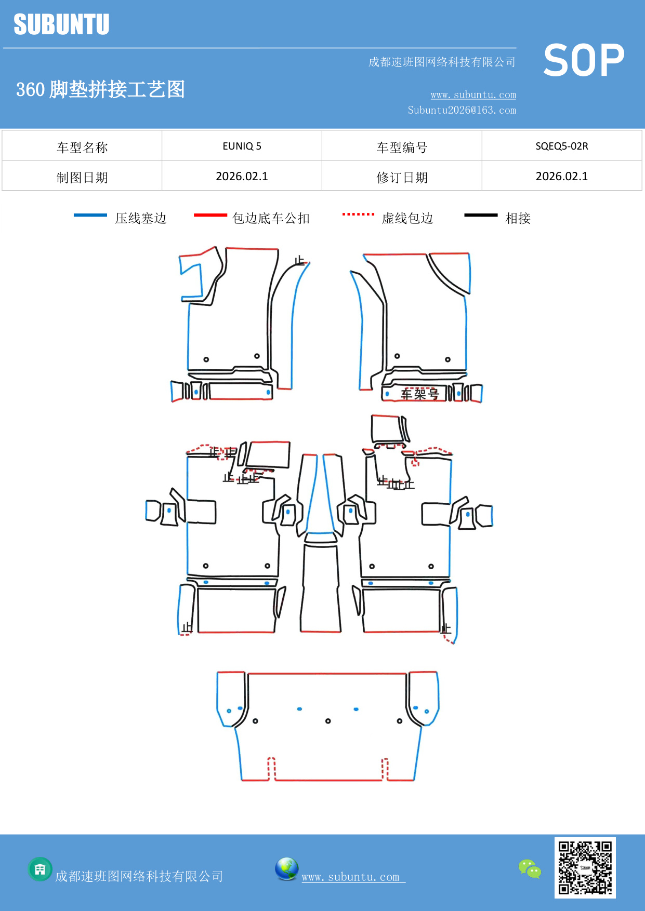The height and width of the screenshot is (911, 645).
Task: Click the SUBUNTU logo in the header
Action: coord(61,24)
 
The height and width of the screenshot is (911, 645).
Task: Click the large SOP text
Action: coord(584,60)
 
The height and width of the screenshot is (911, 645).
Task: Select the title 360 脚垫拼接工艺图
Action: coord(100,89)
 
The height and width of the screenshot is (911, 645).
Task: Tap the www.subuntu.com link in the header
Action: coord(473,95)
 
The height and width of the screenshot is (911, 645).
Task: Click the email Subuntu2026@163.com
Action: coord(462,110)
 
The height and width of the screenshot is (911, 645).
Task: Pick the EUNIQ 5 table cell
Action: coord(242,146)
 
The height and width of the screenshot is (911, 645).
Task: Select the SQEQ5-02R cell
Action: coord(561,146)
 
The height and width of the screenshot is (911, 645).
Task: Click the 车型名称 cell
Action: coord(82,148)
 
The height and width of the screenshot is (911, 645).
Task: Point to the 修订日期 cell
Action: coord(402,178)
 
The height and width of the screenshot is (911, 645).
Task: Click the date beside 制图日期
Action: coord(242,177)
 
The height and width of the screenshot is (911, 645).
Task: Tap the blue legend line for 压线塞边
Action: coord(90,215)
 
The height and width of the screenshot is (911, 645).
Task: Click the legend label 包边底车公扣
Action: coord(271,218)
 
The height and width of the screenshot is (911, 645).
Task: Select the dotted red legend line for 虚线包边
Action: coord(358,214)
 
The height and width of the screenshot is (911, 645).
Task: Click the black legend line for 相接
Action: coord(481,215)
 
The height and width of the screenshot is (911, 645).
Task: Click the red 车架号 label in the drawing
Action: coord(419,394)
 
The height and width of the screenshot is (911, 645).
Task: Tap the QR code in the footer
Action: coord(585,867)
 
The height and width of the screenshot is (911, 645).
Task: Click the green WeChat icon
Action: coord(530,869)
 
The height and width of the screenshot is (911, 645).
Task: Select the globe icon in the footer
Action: coord(286,869)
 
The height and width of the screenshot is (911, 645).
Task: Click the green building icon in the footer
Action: coord(40,869)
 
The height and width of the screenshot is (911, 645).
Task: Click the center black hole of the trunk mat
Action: coord(328,721)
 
